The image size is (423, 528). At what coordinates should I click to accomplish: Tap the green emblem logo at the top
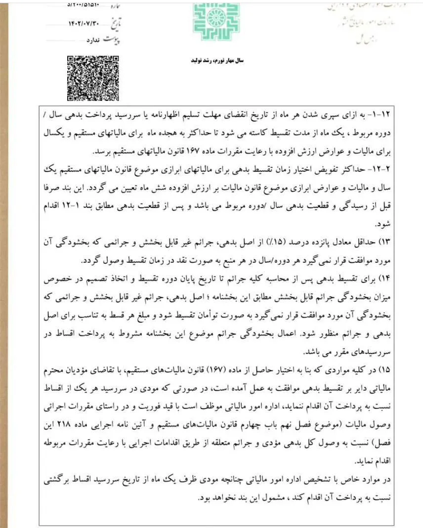(216, 21)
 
